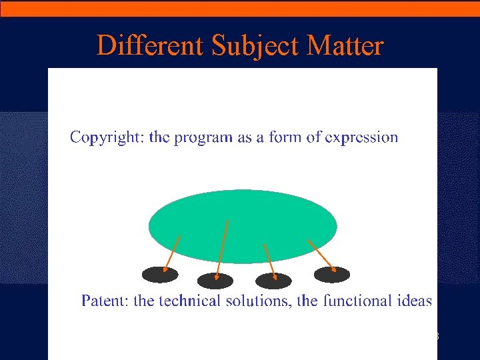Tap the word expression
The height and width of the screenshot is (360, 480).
click(x=361, y=138)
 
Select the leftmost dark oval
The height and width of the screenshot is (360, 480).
click(x=160, y=274)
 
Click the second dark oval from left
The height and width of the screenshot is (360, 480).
click(x=215, y=281)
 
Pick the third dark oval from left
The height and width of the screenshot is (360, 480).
click(x=273, y=281)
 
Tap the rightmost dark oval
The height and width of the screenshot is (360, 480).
click(x=331, y=274)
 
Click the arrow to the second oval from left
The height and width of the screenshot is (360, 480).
click(x=222, y=248)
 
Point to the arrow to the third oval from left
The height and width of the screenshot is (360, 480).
click(x=269, y=261)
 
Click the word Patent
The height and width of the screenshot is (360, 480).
click(x=105, y=301)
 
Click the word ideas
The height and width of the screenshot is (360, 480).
click(x=414, y=301)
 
